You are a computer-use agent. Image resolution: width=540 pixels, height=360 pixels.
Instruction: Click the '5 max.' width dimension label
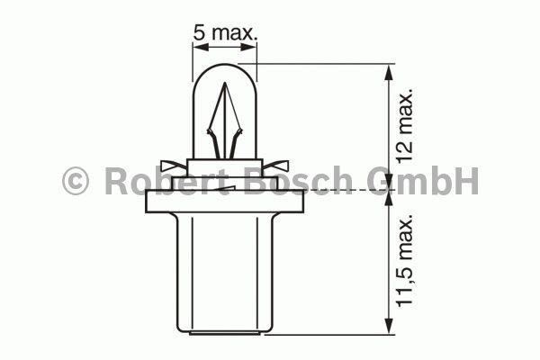tap(225, 32)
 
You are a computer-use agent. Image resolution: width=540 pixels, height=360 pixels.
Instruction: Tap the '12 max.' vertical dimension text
tap(404, 126)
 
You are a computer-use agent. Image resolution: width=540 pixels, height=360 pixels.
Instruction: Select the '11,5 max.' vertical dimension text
tap(404, 260)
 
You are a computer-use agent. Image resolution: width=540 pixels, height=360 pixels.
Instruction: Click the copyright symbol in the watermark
tap(76, 181)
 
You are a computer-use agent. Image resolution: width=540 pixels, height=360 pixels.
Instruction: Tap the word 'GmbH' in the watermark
tap(423, 181)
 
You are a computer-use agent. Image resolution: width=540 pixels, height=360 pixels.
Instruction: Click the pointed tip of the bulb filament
tap(225, 83)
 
